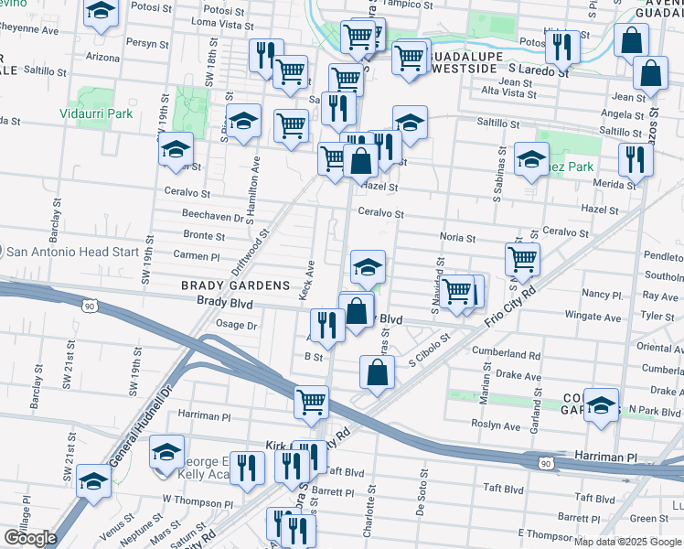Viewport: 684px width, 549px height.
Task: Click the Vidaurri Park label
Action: (102, 114)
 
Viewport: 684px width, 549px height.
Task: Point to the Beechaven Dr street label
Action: (212, 218)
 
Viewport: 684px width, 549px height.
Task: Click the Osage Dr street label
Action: (236, 324)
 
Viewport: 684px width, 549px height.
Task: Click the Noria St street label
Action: (457, 238)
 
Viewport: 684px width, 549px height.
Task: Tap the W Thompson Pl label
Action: (192, 499)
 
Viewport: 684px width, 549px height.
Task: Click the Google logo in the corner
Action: (30, 538)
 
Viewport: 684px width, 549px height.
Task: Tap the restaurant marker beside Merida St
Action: (632, 159)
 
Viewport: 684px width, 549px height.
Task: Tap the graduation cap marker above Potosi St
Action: (102, 12)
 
